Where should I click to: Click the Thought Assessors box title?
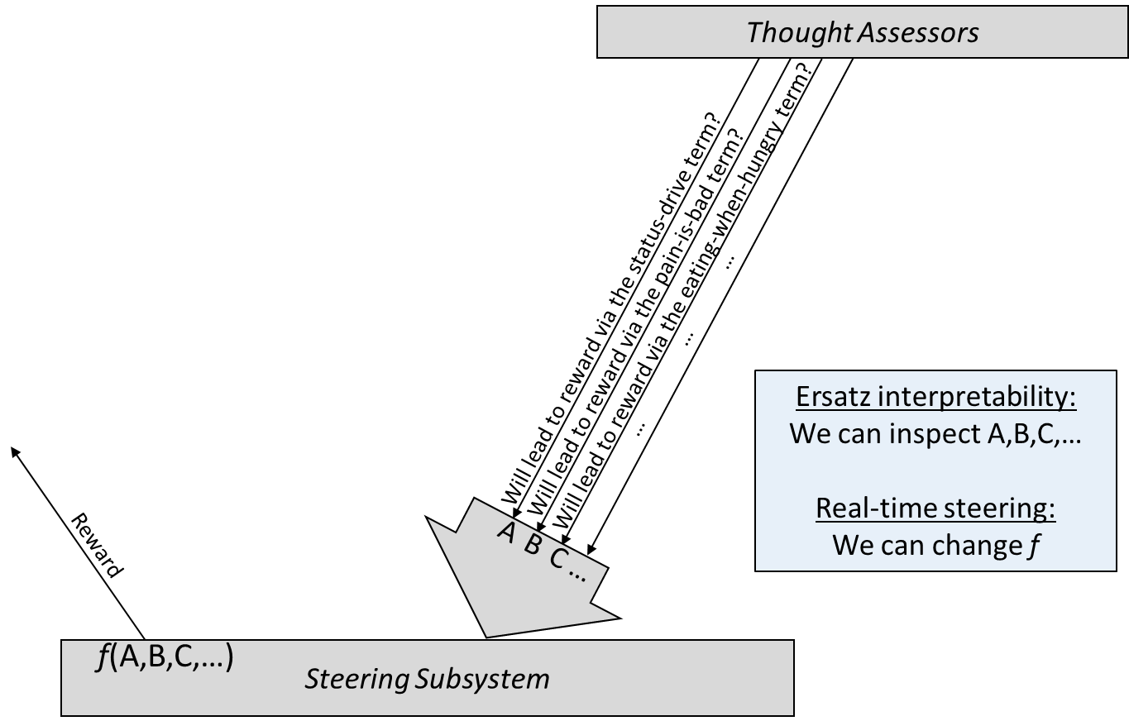coord(863,33)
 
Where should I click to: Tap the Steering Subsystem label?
coord(427,679)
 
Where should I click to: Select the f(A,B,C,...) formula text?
coord(165,657)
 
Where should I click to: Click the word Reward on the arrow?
coord(96,546)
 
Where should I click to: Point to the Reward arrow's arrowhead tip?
coord(12,447)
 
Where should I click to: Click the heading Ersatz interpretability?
coord(936,397)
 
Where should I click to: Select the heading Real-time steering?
coord(935,508)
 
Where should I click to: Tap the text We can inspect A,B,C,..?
coord(935,433)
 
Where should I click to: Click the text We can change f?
coord(935,545)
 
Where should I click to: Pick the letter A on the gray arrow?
coord(507,533)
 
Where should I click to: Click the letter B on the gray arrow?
coord(533,545)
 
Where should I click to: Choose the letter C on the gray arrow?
coord(558,558)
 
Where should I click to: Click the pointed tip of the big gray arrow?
coord(486,637)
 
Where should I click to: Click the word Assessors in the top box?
coord(918,33)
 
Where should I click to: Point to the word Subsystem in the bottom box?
coord(482,679)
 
